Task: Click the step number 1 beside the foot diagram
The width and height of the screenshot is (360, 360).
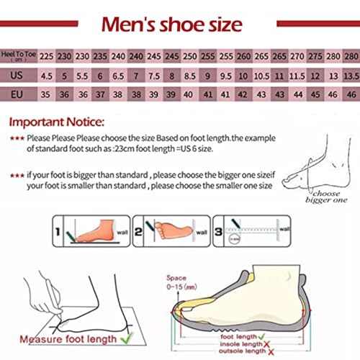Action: click(58, 233)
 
